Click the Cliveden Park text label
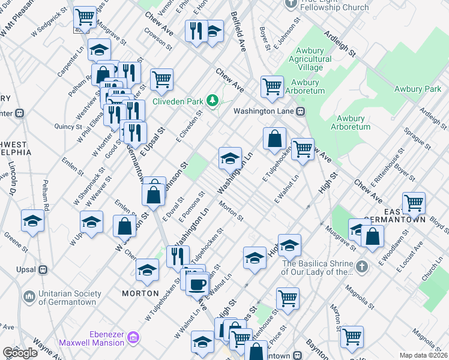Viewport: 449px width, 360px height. pos(178,101)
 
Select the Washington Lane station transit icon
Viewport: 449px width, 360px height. pos(301,111)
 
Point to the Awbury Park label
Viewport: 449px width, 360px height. pos(417,89)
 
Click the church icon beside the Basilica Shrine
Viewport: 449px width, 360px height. pos(361,266)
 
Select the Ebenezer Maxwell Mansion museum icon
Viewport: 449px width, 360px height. pos(133,338)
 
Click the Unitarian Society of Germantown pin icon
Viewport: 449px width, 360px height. pos(29,296)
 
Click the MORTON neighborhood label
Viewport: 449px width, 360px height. pos(140,293)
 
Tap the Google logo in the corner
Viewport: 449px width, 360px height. pos(20,353)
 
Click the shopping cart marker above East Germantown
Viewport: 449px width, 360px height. pos(414,203)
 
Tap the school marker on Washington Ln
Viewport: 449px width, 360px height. pos(230,159)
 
